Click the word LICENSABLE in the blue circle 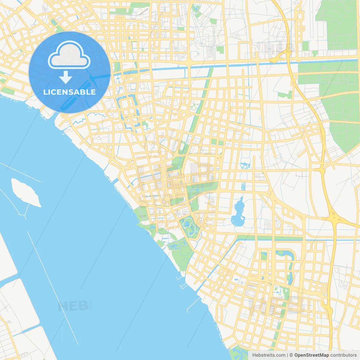point(69,92)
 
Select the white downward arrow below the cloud point(66,77)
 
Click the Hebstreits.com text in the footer point(269,355)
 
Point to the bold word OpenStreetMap point(311,355)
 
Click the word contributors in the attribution point(343,355)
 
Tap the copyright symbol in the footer point(291,355)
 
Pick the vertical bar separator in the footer point(287,355)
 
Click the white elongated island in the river point(25,192)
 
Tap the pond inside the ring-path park point(186,224)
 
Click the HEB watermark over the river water point(74,306)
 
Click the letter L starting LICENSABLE point(45,92)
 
